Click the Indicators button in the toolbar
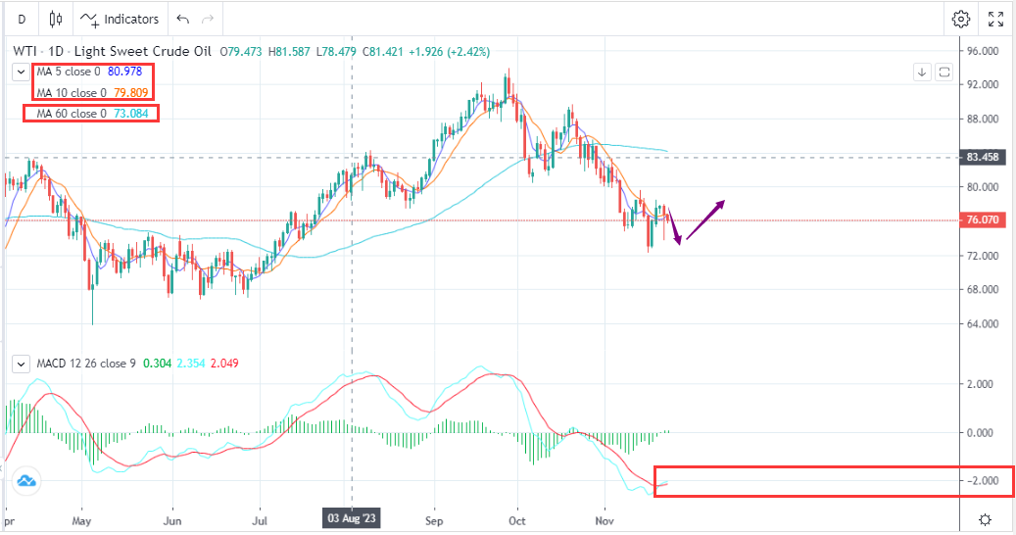pos(120,19)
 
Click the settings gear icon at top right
pos(960,19)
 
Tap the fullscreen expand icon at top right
pos(995,19)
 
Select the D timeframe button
pos(22,19)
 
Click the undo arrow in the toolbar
pos(182,19)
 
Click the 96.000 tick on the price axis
pos(982,51)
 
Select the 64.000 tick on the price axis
pos(982,323)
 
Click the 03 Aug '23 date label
pos(351,517)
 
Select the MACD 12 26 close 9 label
pos(85,364)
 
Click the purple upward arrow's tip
pos(723,202)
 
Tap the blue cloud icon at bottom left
pos(25,481)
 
